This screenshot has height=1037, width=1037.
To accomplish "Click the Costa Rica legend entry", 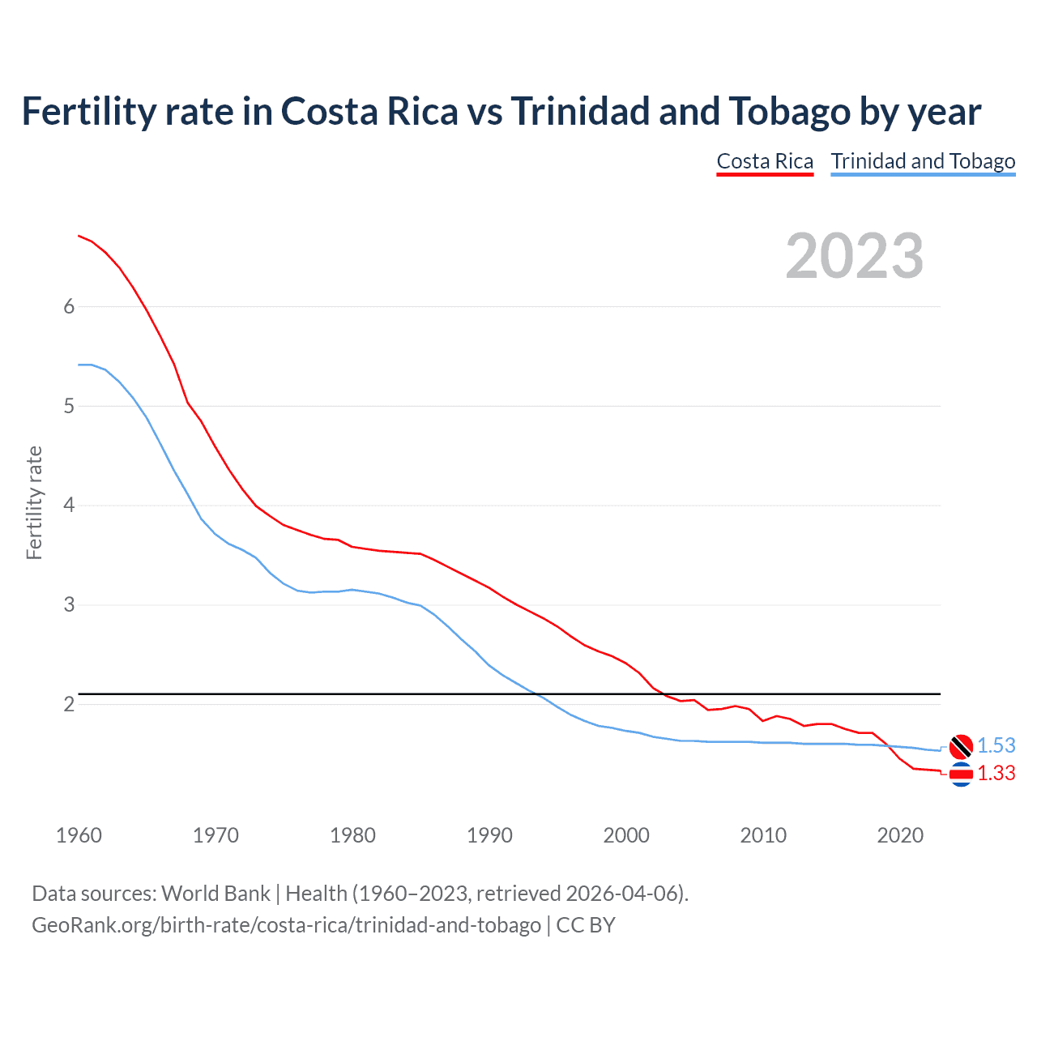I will pyautogui.click(x=765, y=161).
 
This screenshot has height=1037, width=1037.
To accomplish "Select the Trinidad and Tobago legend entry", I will pyautogui.click(x=923, y=161).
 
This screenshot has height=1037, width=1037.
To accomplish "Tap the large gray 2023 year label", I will pyautogui.click(x=854, y=256).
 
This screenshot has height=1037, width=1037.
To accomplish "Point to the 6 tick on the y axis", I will pyautogui.click(x=69, y=306).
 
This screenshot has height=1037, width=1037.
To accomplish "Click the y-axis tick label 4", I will pyautogui.click(x=69, y=506).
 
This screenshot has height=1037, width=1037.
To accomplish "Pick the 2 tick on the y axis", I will pyautogui.click(x=69, y=704).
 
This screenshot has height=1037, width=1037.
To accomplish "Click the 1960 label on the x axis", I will pyautogui.click(x=79, y=835).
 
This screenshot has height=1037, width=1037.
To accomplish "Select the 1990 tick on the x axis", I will pyautogui.click(x=489, y=835).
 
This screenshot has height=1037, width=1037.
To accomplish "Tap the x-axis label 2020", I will pyautogui.click(x=900, y=835).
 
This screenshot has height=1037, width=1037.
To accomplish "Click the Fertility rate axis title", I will pyautogui.click(x=34, y=502).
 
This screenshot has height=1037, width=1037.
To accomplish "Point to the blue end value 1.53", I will pyautogui.click(x=996, y=746).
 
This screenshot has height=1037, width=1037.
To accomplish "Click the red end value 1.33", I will pyautogui.click(x=996, y=774).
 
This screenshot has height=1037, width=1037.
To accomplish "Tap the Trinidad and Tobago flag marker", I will pyautogui.click(x=961, y=746).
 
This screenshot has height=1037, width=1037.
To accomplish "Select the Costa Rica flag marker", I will pyautogui.click(x=961, y=775).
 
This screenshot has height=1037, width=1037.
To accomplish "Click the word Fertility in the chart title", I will pyautogui.click(x=87, y=111).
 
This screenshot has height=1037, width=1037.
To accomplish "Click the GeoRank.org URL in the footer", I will pyautogui.click(x=286, y=924).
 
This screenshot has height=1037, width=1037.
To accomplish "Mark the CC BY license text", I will pyautogui.click(x=586, y=924).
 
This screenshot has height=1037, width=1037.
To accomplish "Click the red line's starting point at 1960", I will pyautogui.click(x=79, y=236).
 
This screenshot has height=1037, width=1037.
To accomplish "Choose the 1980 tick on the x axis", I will pyautogui.click(x=352, y=835).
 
